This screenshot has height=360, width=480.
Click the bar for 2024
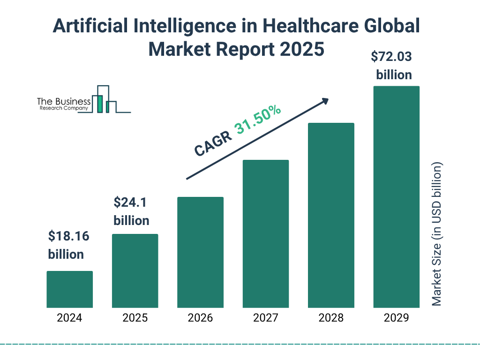(x=69, y=289)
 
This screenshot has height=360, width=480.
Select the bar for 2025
(x=135, y=270)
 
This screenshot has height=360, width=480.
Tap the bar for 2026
(x=200, y=252)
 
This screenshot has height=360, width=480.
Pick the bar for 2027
(x=266, y=233)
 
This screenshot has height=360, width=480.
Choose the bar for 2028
(x=331, y=215)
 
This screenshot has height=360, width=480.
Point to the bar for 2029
(x=396, y=197)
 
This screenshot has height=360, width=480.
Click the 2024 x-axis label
(x=69, y=318)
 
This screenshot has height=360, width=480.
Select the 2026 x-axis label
(x=200, y=318)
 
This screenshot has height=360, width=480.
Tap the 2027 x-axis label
(x=266, y=318)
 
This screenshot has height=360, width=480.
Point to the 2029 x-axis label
(x=396, y=318)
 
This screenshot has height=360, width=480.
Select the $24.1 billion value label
(x=131, y=211)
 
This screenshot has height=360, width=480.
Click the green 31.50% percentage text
(x=258, y=120)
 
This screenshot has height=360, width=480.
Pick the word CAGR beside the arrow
(x=213, y=143)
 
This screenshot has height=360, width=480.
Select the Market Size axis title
(x=437, y=234)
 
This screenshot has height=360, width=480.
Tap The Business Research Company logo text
(x=63, y=104)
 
